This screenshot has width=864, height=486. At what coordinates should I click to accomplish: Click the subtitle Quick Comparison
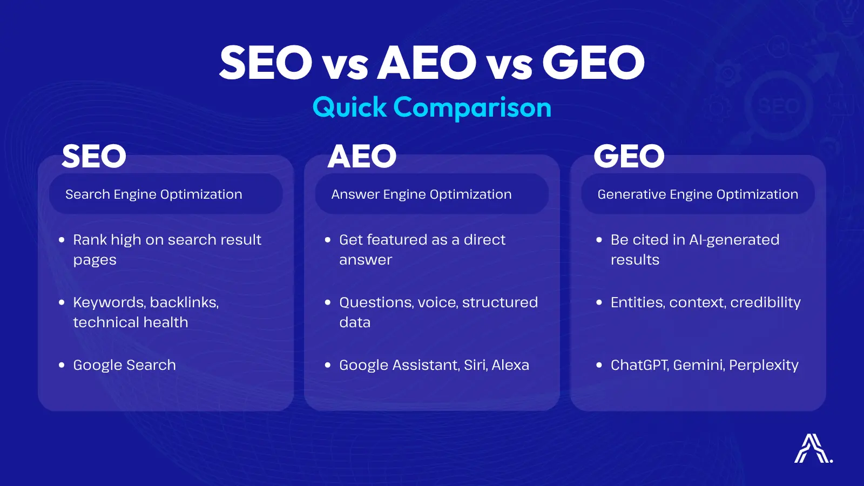point(432,107)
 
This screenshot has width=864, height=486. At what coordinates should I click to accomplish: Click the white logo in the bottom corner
point(812,449)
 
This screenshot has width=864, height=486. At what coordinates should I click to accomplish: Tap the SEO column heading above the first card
point(94,157)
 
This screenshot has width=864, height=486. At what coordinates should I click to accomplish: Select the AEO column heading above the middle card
point(362,157)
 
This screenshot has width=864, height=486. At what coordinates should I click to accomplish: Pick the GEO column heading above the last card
point(629,157)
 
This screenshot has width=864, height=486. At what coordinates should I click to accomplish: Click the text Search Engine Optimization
point(154,194)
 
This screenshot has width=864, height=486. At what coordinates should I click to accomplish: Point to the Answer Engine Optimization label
point(421,194)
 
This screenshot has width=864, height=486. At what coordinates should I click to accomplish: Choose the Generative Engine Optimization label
point(698,194)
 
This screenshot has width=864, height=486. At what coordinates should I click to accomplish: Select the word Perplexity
point(764,366)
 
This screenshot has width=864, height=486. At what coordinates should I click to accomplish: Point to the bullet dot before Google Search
point(62,365)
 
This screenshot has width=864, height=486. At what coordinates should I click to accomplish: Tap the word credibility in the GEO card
point(765,302)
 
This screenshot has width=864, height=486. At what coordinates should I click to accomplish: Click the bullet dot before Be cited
point(599,240)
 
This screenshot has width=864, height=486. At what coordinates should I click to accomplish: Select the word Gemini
point(698,365)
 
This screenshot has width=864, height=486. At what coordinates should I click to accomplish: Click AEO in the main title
point(427,63)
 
